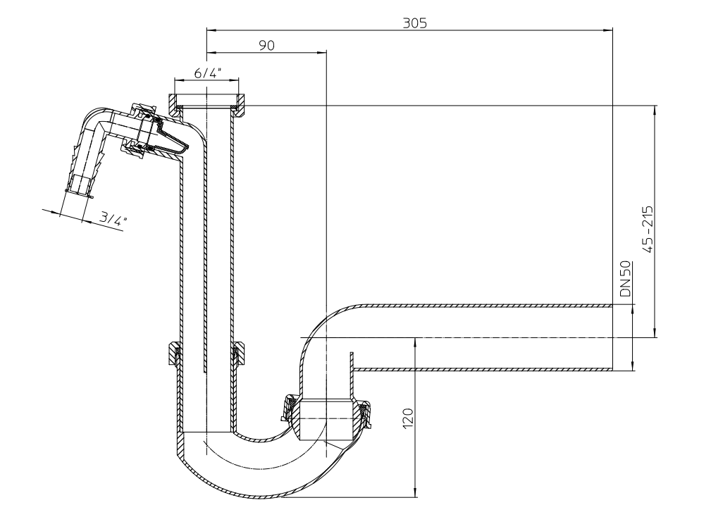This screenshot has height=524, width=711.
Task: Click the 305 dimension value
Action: (414, 22)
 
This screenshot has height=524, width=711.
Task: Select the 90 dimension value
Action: (266, 44)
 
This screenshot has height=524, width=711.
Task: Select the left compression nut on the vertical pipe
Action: (174, 354)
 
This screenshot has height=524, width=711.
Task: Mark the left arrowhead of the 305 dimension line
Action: (209, 30)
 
